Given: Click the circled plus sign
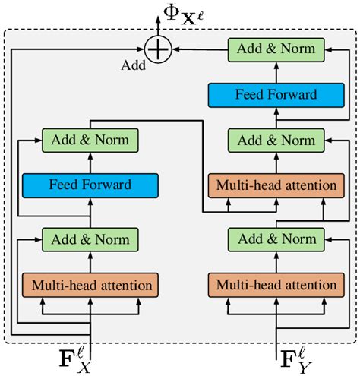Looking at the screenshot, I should [157, 49].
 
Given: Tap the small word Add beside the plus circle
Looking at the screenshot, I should [134, 65].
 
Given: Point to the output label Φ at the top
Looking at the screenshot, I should [170, 13].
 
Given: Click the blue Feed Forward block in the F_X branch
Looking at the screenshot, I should [90, 185].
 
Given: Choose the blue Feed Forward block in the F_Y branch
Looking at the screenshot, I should [276, 95].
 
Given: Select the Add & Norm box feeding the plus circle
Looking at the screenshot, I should [276, 49].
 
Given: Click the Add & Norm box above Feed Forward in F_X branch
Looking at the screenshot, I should [90, 140].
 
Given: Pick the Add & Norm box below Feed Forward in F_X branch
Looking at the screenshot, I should [90, 239].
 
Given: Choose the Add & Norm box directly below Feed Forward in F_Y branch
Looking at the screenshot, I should [276, 140].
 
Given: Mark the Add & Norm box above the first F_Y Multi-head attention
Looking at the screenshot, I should [276, 239].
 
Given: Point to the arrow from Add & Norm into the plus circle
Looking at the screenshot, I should [199, 49].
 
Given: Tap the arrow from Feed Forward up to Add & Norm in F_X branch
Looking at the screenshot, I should [90, 162].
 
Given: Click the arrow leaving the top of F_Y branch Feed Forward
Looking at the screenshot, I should [276, 72].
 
